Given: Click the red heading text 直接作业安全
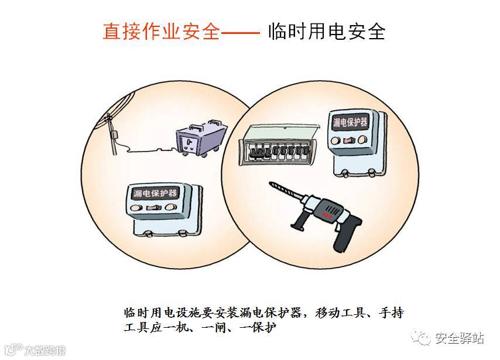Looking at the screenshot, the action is click(161, 30).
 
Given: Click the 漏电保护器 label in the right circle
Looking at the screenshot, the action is click(350, 122).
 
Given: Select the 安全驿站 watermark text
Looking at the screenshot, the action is click(460, 338).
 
